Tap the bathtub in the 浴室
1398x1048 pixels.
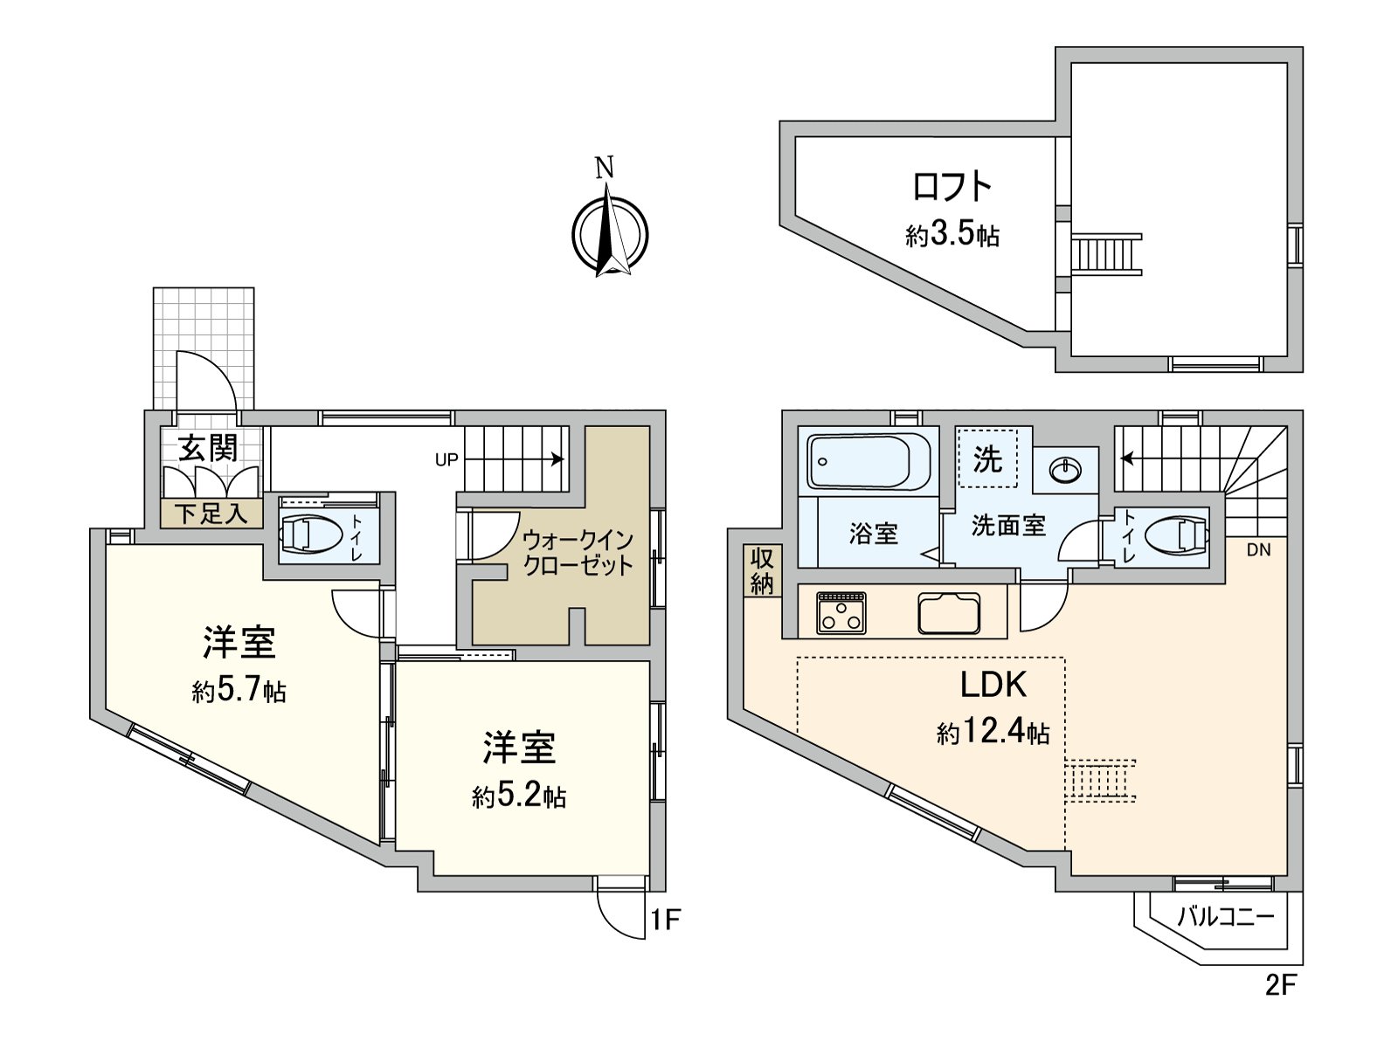click(869, 461)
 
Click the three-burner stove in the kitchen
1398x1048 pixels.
click(841, 613)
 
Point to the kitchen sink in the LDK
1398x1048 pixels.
click(949, 613)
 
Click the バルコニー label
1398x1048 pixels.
click(1226, 917)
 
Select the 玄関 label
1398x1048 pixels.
click(208, 449)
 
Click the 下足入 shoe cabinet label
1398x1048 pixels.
click(211, 514)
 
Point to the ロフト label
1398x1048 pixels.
click(952, 186)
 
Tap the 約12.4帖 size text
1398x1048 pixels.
click(993, 734)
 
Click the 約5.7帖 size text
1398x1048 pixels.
click(239, 692)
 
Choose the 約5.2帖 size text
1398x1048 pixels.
click(519, 796)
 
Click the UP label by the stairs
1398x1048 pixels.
click(446, 459)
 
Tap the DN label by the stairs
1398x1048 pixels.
click(1258, 550)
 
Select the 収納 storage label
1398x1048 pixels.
click(763, 571)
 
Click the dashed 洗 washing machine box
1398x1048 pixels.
click(988, 458)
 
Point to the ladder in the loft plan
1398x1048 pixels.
click(1106, 254)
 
